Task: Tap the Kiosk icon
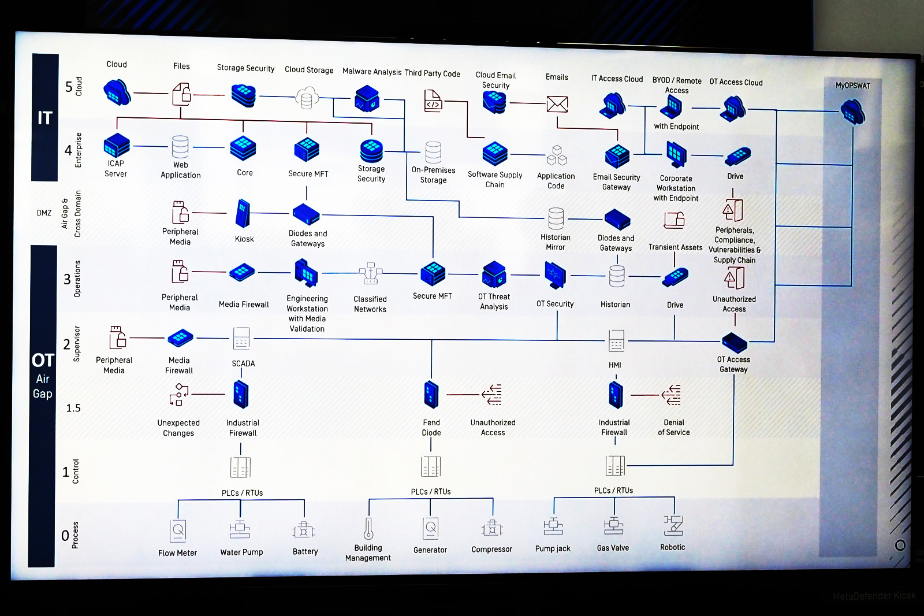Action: click(x=243, y=213)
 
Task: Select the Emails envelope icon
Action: click(x=557, y=104)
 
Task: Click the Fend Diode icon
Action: click(x=431, y=395)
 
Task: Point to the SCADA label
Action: click(x=243, y=363)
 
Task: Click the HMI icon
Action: click(x=616, y=340)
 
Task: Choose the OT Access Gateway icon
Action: click(x=735, y=342)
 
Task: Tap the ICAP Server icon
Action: click(x=116, y=146)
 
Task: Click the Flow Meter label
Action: click(x=177, y=553)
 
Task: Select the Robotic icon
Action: click(x=673, y=525)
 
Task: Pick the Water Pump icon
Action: click(x=240, y=529)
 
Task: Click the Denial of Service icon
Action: click(x=672, y=395)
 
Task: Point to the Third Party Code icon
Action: click(x=433, y=101)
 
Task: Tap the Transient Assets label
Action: click(x=675, y=247)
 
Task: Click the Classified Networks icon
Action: click(x=370, y=274)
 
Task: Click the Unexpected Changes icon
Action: click(x=178, y=395)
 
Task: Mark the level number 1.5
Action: click(x=73, y=408)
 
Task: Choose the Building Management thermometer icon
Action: click(x=368, y=528)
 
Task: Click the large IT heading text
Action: click(x=44, y=118)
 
